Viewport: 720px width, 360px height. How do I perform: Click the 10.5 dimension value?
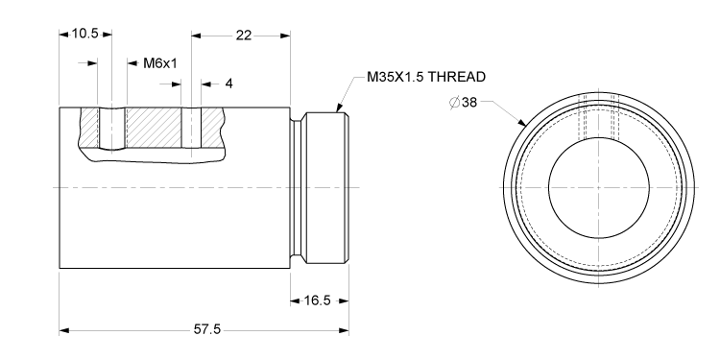pyautogui.click(x=85, y=34)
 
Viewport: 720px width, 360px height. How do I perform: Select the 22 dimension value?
pyautogui.click(x=242, y=34)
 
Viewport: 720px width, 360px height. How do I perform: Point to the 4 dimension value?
pyautogui.click(x=228, y=84)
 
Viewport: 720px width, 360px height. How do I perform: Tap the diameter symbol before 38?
pyautogui.click(x=453, y=102)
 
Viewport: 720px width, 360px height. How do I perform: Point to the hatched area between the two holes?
pyautogui.click(x=154, y=127)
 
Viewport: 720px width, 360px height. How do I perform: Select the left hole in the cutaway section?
pyautogui.click(x=112, y=128)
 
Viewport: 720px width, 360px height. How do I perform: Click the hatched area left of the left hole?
pyautogui.click(x=88, y=127)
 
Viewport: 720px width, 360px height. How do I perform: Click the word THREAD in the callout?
pyautogui.click(x=458, y=77)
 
